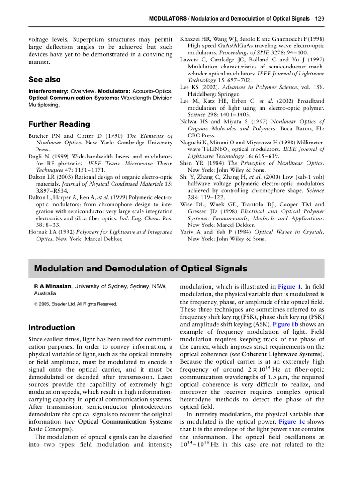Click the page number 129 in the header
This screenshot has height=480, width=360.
[319, 19]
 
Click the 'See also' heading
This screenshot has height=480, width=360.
[45, 80]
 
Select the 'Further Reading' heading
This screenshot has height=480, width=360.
[59, 124]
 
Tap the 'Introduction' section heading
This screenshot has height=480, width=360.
[52, 327]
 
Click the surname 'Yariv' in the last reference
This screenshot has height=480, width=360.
[189, 232]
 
